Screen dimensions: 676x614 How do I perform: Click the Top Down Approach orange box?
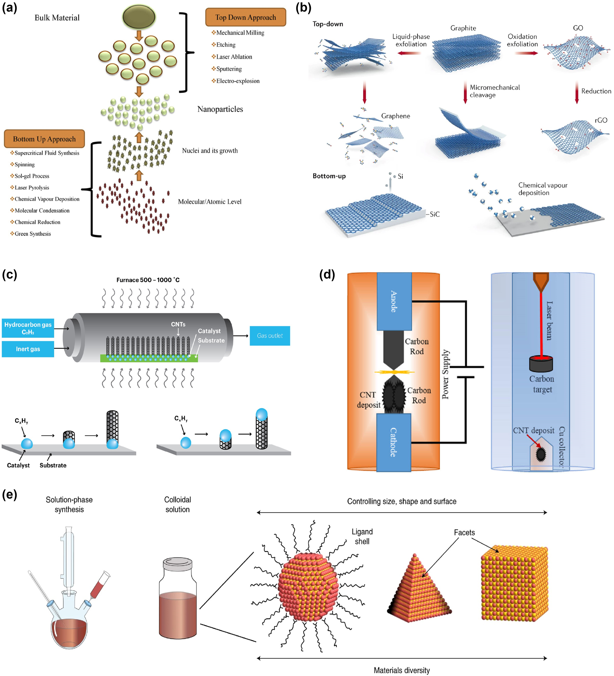coord(245,17)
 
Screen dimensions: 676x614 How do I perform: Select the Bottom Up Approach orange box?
coord(44,139)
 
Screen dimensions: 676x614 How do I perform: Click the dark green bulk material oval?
coord(139,17)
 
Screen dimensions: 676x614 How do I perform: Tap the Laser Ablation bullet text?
coord(234,57)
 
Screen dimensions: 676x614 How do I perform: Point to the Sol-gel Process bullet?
coord(32,176)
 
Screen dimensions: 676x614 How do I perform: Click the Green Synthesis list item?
coord(33,234)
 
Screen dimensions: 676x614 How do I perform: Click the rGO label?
coord(601,120)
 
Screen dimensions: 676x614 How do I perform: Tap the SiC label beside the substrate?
coord(434,214)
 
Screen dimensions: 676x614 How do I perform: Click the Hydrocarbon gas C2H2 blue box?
coord(28,328)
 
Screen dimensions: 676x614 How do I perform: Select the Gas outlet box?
coord(270,336)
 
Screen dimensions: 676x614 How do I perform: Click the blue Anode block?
coord(394,301)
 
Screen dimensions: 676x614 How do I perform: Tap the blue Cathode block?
coord(393,442)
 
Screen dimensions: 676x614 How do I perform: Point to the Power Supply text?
coord(445,374)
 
